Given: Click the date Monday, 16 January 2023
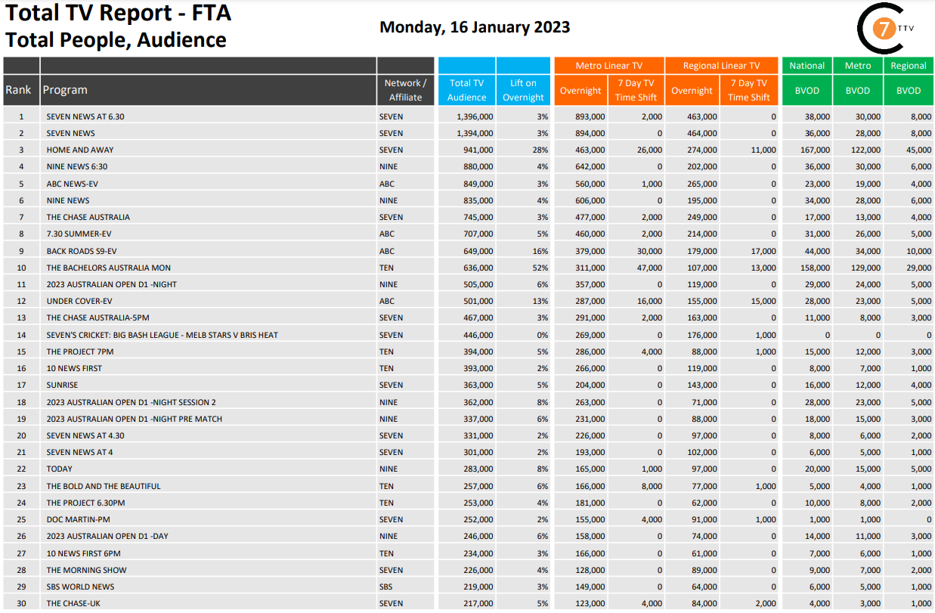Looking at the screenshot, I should coord(475,27).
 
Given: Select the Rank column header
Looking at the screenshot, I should coord(19,90).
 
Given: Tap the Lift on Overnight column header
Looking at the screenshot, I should coord(523,90).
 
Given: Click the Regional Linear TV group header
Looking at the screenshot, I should coord(721,66).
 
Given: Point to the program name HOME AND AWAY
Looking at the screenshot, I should coord(80,150).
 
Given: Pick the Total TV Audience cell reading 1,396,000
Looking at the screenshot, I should coord(475,116).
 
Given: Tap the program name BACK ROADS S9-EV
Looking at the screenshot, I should coord(82,251).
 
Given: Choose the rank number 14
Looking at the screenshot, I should coord(22,335).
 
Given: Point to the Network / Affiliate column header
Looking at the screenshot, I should coord(406,90).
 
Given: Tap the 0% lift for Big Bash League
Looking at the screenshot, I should coord(540,335).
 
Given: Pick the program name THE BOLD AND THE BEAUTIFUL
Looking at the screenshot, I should coord(104,486).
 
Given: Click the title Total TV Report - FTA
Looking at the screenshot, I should coord(118,13).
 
